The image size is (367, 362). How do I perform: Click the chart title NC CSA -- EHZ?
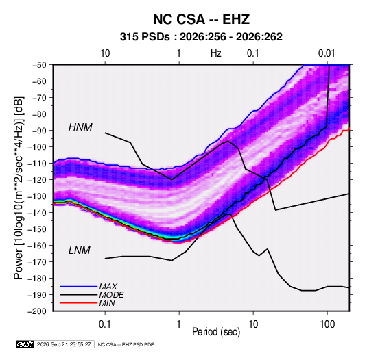pos(201,19)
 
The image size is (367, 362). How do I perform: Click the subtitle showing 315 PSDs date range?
pos(201,37)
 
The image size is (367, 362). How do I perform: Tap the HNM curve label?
pos(80,127)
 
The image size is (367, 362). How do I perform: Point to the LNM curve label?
pos(80,250)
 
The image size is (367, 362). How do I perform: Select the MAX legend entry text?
pos(108,287)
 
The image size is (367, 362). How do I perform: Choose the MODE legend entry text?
pos(111,295)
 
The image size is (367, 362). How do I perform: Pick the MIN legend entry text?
pos(107,303)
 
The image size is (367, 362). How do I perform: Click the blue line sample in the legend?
pos(79,287)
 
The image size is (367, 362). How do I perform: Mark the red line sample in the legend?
pos(79,303)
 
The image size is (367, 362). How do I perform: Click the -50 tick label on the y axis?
pos(40,65)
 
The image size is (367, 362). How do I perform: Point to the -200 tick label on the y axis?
pos(38,311)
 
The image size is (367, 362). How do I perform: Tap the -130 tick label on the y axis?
pos(38,196)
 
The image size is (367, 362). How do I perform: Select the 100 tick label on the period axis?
pos(327,324)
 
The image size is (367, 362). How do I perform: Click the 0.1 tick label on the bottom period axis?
pos(105,324)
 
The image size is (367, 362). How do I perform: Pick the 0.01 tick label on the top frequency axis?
pos(327,53)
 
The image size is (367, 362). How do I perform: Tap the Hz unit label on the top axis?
pos(216,53)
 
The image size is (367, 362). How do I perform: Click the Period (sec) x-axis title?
pos(216,332)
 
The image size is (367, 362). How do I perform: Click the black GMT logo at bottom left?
pos(25,344)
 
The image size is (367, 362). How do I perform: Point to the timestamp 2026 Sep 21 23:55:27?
pos(64,344)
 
